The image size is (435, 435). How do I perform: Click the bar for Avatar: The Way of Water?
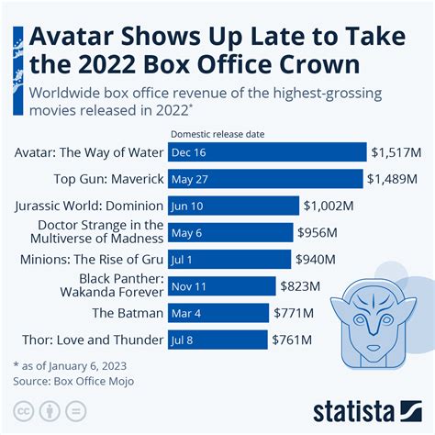click(x=266, y=152)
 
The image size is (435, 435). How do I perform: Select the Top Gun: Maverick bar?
click(x=266, y=179)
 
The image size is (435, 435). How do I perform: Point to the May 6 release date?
click(x=187, y=233)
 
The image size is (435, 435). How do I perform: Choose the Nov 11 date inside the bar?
click(x=190, y=286)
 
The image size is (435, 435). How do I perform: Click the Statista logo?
click(x=366, y=407)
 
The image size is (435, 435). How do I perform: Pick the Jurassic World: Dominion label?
click(x=90, y=206)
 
